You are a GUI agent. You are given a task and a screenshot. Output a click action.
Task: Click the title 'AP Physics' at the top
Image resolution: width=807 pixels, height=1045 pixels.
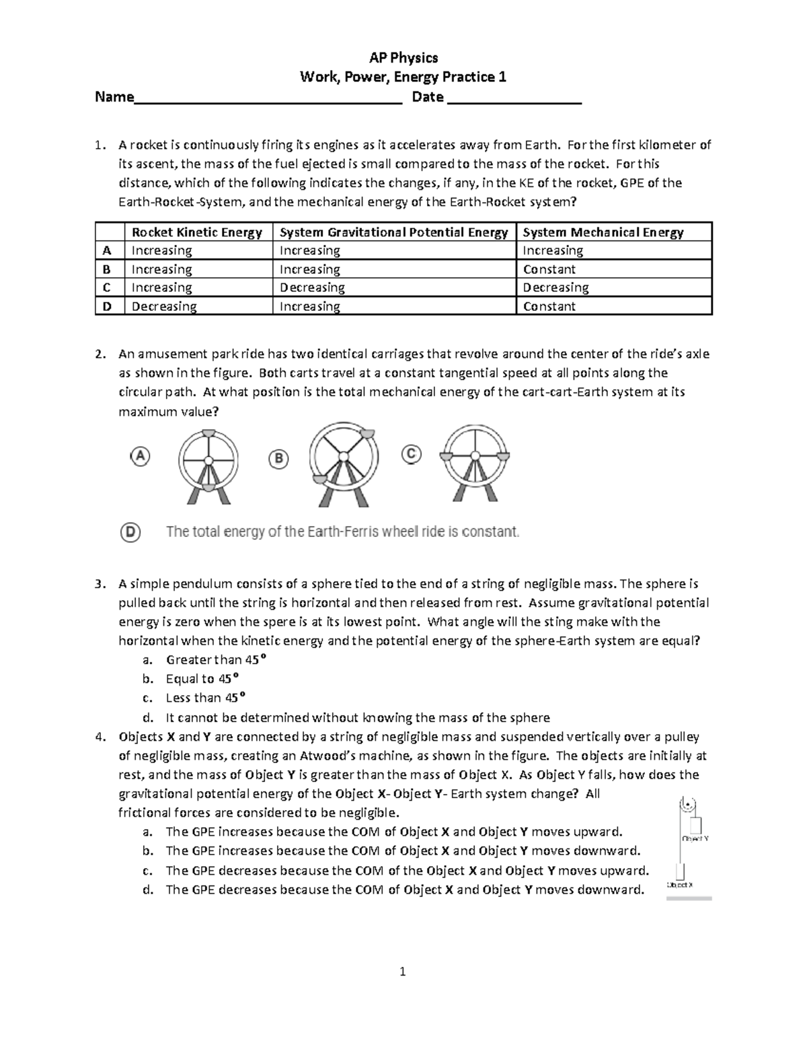tap(403, 58)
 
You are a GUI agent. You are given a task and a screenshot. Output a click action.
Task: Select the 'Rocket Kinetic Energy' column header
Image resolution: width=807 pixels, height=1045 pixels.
tap(197, 232)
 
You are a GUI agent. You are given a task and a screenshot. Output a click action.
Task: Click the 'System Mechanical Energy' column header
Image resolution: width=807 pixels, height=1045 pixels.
tap(603, 232)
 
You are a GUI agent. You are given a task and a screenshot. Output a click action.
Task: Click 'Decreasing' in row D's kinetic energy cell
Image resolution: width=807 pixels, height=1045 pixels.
tap(164, 306)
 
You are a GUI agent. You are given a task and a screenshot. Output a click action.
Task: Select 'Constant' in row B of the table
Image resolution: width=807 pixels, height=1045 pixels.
tap(549, 269)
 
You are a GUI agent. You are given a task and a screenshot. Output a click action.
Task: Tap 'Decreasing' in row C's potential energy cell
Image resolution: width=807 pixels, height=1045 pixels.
tap(312, 287)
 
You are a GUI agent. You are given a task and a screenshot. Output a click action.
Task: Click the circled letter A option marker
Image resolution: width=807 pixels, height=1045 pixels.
tap(139, 456)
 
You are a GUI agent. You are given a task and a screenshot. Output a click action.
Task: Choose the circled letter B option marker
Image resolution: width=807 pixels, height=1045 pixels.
tap(278, 460)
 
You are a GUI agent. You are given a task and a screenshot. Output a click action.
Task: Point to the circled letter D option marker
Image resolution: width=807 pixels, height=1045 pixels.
tap(130, 532)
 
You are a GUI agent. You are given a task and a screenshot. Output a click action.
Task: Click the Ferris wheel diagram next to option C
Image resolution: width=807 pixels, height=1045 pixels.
tap(475, 464)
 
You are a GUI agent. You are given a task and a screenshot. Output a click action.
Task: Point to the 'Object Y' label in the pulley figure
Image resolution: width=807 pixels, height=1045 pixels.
tap(695, 839)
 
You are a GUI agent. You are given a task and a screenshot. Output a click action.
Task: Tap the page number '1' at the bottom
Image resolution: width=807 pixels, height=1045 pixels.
tap(403, 971)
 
